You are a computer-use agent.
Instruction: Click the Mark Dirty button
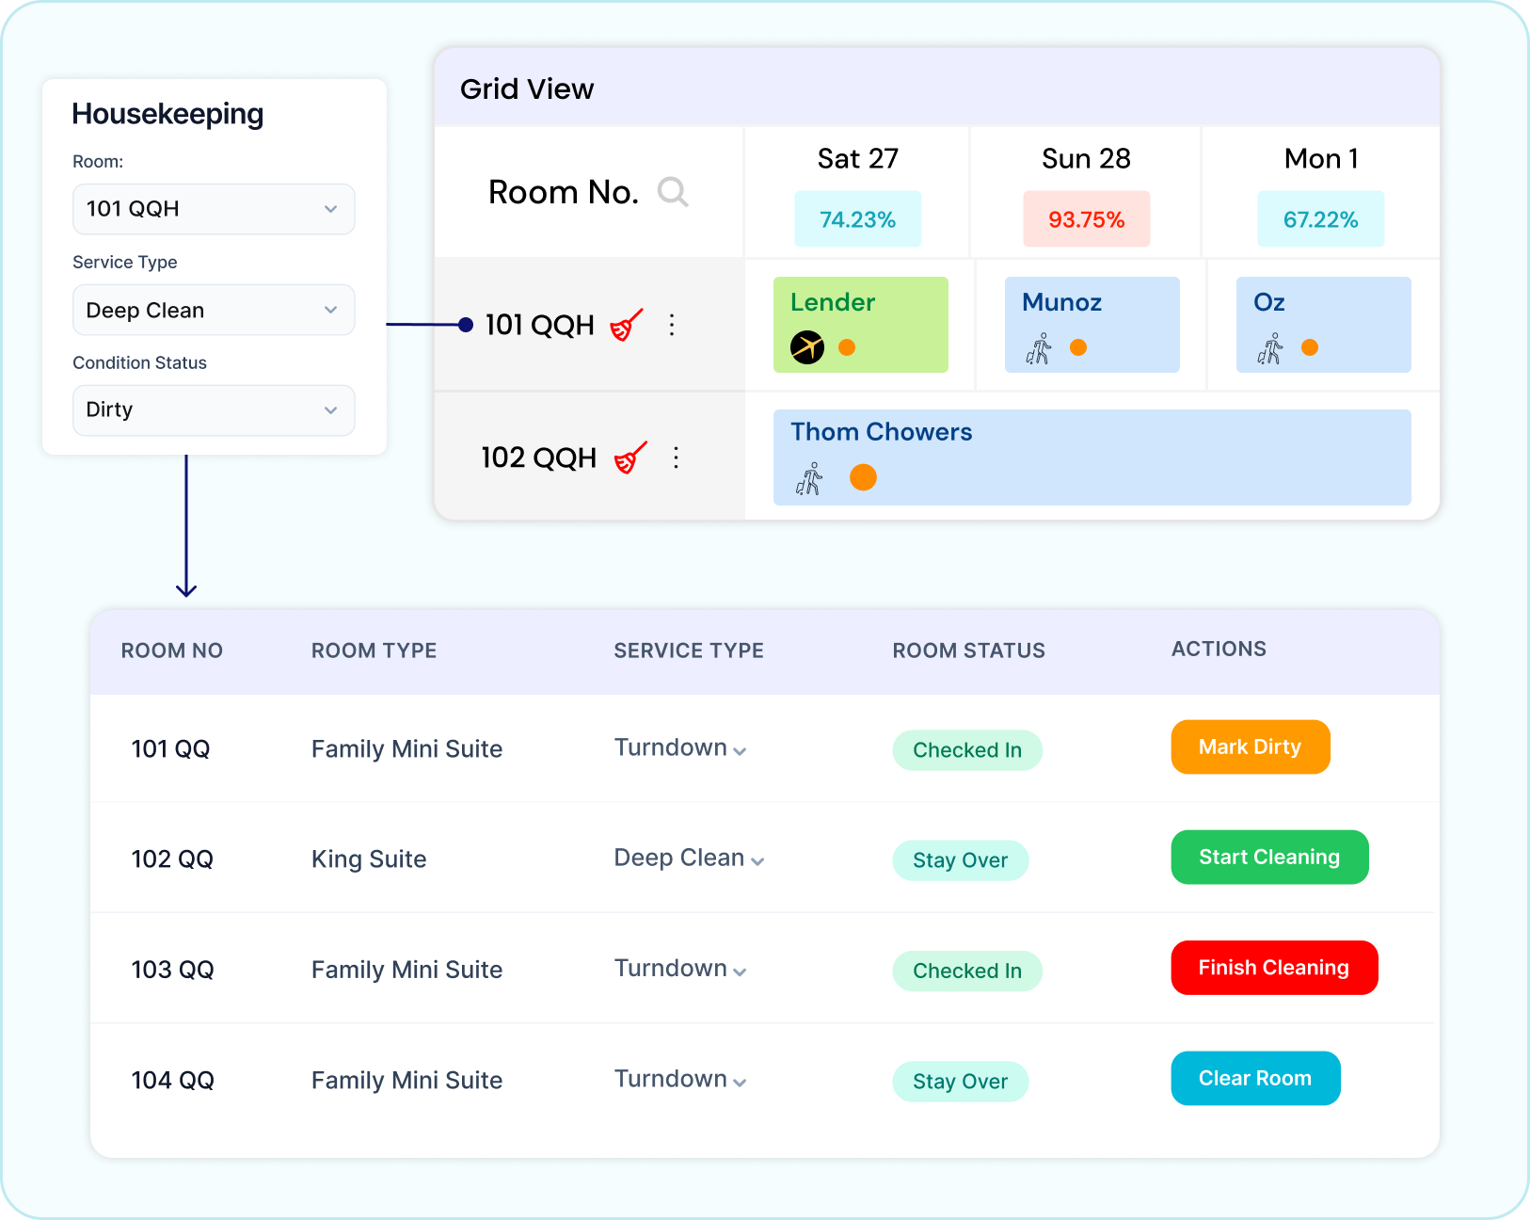1250,746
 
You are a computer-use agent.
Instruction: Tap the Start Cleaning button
1269,858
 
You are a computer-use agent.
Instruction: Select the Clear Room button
1255,1079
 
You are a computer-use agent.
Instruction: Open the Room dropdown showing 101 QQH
214,209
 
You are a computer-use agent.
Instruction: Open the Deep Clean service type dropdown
214,310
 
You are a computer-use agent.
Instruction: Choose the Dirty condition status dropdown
214,410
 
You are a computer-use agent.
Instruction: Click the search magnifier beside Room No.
672,192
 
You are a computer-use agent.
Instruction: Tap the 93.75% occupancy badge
1087,219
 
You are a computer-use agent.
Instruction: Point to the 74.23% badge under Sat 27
857,219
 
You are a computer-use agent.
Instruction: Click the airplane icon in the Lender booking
807,347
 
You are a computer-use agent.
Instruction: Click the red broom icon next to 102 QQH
630,457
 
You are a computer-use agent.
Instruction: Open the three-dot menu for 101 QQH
671,325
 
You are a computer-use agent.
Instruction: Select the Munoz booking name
1061,302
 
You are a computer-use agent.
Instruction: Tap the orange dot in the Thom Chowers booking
863,477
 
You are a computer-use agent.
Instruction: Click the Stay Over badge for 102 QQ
960,860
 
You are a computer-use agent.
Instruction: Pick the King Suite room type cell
369,859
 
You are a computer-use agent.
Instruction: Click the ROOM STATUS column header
968,650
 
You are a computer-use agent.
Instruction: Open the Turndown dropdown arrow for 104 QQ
740,1083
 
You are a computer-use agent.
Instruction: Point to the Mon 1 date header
1321,159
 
